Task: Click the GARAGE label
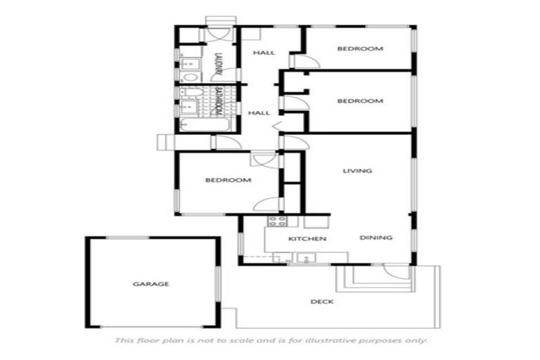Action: click(x=151, y=284)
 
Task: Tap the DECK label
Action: click(x=321, y=302)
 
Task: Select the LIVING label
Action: click(x=357, y=171)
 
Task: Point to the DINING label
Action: click(x=376, y=238)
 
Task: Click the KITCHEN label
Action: click(x=307, y=239)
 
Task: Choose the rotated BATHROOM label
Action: click(x=219, y=103)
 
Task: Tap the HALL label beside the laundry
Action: click(x=264, y=53)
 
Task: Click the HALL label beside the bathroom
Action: click(x=260, y=112)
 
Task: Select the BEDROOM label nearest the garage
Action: click(x=228, y=181)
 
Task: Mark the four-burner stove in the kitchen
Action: click(x=276, y=223)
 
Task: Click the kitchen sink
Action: click(x=306, y=258)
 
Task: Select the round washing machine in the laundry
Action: click(x=188, y=77)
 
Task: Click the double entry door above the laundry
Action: click(x=215, y=32)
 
